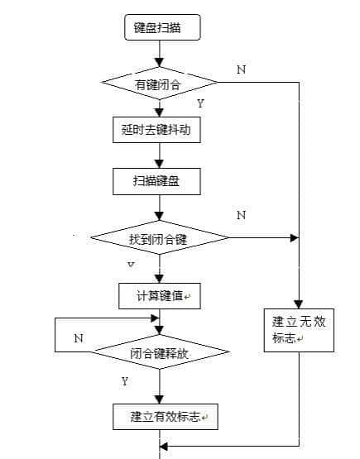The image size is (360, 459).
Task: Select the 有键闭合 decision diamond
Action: click(x=159, y=83)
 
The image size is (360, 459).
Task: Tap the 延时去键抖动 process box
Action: click(x=156, y=130)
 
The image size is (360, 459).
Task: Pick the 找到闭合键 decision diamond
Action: click(x=159, y=238)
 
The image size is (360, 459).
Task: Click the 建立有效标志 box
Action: click(x=158, y=416)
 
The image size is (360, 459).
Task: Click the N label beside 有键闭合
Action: click(x=241, y=70)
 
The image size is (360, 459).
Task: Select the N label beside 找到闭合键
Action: click(x=241, y=215)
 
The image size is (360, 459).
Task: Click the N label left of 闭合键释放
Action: click(x=78, y=338)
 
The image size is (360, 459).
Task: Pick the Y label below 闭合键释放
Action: click(x=125, y=381)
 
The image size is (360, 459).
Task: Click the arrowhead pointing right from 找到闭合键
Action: click(x=293, y=238)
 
